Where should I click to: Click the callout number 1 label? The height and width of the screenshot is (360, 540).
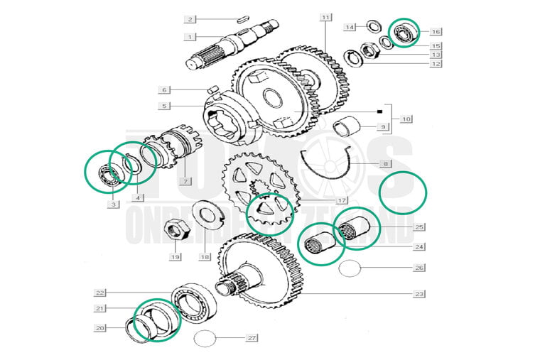click(x=190, y=36)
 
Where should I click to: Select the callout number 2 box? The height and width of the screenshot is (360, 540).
click(x=190, y=18)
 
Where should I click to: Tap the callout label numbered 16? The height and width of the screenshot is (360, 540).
click(x=436, y=31)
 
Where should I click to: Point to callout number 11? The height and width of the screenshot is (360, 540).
click(x=325, y=16)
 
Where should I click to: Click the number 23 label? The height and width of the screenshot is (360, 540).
click(x=419, y=293)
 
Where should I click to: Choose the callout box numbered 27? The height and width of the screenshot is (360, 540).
click(x=252, y=338)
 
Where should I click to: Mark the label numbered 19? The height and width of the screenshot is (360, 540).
click(x=175, y=257)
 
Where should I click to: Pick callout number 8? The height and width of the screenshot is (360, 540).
click(x=386, y=164)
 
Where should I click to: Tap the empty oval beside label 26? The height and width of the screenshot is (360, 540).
click(x=351, y=268)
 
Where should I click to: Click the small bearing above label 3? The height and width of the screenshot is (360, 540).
click(x=105, y=173)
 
